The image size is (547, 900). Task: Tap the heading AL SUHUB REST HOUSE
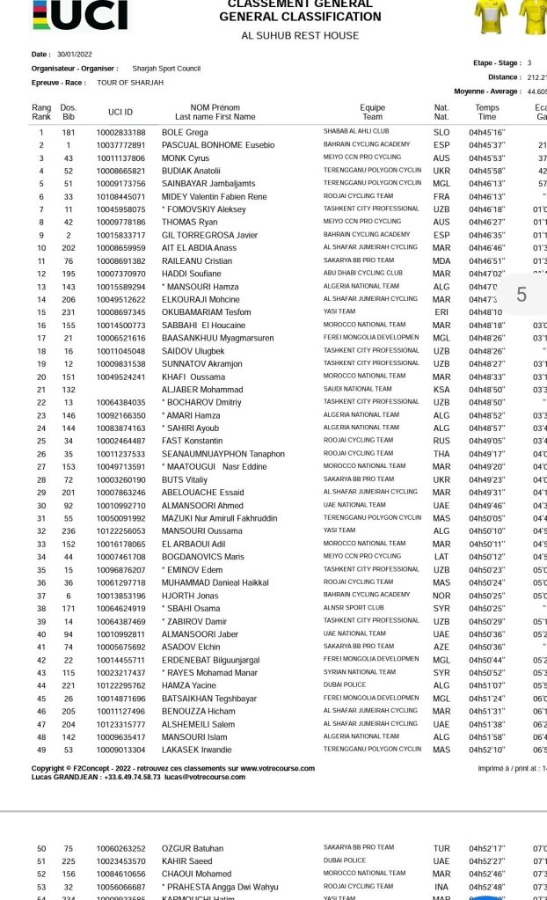[300, 35]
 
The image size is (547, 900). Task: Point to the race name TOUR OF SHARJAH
[130, 83]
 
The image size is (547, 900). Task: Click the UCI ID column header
[120, 112]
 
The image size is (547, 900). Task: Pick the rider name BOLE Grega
[185, 132]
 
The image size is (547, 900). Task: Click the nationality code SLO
[441, 132]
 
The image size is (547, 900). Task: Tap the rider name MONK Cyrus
[186, 157]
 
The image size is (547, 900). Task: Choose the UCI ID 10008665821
[121, 171]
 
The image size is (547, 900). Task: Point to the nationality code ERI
[441, 311]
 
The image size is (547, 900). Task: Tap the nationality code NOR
[441, 595]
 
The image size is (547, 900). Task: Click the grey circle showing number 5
[521, 295]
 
